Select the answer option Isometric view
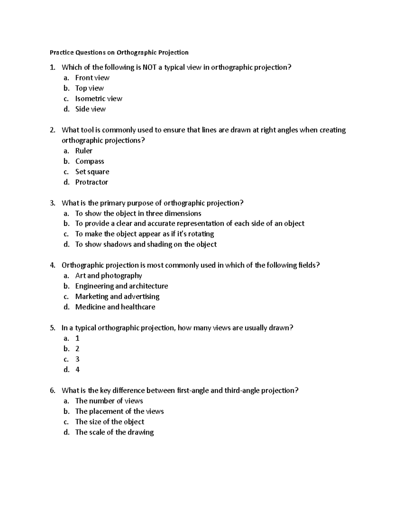[x=98, y=99]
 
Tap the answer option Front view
[x=92, y=78]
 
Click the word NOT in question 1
[x=149, y=68]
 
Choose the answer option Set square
[x=92, y=172]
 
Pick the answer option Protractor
[x=91, y=182]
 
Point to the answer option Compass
[x=90, y=161]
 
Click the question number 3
[x=52, y=203]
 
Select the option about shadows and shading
[x=146, y=244]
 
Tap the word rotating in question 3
[x=200, y=234]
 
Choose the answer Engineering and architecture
[x=121, y=286]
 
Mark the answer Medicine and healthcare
[x=115, y=307]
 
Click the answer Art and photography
[x=108, y=276]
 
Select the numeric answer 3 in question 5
[x=77, y=359]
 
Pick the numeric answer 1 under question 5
[x=77, y=338]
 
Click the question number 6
[x=52, y=391]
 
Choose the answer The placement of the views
[x=119, y=411]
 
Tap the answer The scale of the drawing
[x=114, y=432]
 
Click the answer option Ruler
[x=84, y=151]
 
